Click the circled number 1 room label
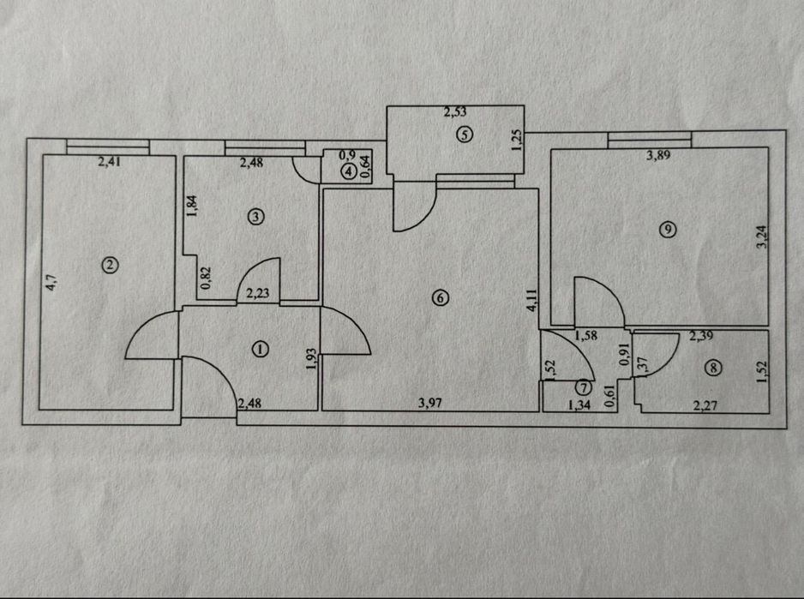pyautogui.click(x=261, y=350)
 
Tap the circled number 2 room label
pyautogui.click(x=111, y=265)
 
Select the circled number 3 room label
pyautogui.click(x=255, y=217)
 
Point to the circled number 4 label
pyautogui.click(x=349, y=171)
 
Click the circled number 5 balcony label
pyautogui.click(x=465, y=135)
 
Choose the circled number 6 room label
pyautogui.click(x=441, y=297)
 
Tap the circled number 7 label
pyautogui.click(x=583, y=387)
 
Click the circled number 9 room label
pyautogui.click(x=668, y=230)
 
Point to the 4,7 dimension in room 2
pyautogui.click(x=51, y=283)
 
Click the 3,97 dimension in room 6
pyautogui.click(x=430, y=403)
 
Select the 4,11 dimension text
pyautogui.click(x=531, y=301)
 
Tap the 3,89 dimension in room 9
pyautogui.click(x=658, y=155)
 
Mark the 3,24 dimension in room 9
pyautogui.click(x=762, y=237)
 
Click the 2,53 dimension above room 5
pyautogui.click(x=455, y=111)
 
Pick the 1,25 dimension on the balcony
pyautogui.click(x=517, y=140)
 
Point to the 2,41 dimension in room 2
pyautogui.click(x=108, y=163)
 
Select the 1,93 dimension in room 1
pyautogui.click(x=311, y=359)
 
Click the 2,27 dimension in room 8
pyautogui.click(x=705, y=406)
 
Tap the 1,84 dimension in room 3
pyautogui.click(x=192, y=207)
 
